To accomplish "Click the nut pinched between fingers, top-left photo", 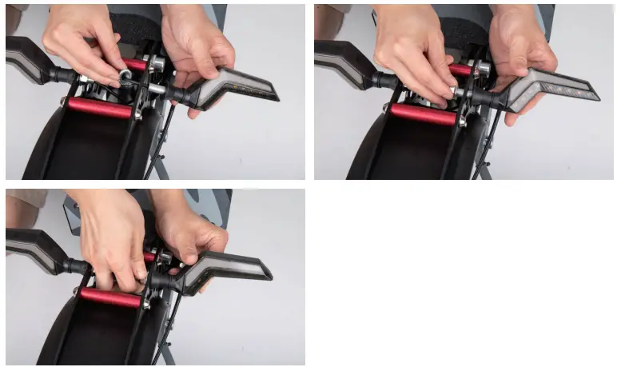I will point(126,76).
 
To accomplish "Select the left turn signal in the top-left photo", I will point(32,60).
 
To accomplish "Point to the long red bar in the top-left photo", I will point(100,108).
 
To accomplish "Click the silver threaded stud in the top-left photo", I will point(156,89).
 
